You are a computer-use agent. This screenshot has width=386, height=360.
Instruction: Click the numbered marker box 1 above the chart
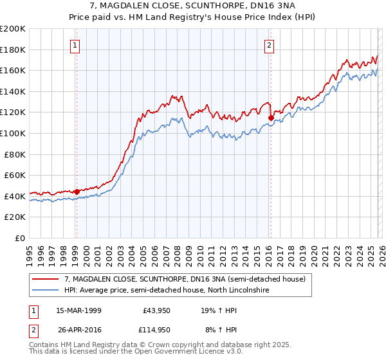(x=76, y=45)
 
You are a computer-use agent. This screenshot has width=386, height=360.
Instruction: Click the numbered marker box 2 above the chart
(x=268, y=45)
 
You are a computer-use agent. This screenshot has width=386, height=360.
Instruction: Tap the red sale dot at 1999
(x=77, y=192)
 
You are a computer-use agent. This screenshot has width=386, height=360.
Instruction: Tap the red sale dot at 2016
(x=271, y=118)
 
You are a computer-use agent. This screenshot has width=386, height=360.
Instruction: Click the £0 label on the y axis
(x=20, y=238)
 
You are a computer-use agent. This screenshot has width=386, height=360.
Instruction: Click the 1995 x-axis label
(x=30, y=252)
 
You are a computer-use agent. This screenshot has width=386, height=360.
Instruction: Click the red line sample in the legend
(x=46, y=279)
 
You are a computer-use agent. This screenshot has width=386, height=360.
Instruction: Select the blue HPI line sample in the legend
(x=46, y=290)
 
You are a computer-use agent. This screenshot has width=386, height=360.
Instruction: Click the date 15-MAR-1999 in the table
(x=78, y=310)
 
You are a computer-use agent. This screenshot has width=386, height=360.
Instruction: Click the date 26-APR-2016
(x=78, y=330)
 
